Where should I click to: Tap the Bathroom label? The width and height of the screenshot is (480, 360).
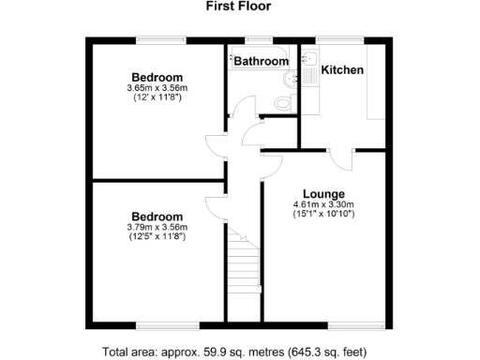pos(261,62)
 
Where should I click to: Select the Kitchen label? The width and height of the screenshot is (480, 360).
pos(343,70)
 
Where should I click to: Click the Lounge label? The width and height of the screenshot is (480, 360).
pos(322,194)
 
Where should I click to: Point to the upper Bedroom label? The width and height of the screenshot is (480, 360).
pos(157,77)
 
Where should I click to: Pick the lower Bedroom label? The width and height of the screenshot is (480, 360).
pos(157,216)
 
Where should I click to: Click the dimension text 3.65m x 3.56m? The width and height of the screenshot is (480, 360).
pos(157,89)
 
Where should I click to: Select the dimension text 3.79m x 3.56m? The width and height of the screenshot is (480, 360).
pos(157,227)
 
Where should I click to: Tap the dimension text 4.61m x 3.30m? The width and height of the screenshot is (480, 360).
pos(322,204)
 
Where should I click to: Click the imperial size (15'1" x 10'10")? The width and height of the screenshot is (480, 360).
pos(322,215)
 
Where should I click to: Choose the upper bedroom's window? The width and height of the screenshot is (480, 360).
pos(157,39)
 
